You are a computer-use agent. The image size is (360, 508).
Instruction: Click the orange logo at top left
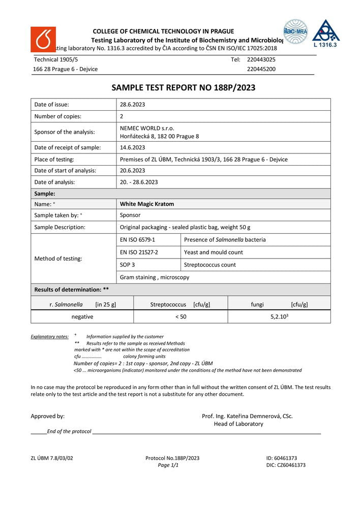tap(43, 39)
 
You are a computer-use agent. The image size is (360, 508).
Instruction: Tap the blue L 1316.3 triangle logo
tap(326, 34)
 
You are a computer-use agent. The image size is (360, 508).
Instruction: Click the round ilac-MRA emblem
tap(295, 31)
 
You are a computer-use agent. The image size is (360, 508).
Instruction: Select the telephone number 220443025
tap(261, 59)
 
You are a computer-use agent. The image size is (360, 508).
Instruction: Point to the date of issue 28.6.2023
tap(132, 105)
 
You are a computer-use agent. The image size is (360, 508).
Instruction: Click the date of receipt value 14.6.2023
tap(132, 147)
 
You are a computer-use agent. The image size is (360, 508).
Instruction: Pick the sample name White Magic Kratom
tap(147, 204)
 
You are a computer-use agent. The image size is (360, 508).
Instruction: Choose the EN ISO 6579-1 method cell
tap(137, 239)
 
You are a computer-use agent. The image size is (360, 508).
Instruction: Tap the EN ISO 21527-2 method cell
tap(139, 252)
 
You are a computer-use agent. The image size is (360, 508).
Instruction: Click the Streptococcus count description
tap(209, 265)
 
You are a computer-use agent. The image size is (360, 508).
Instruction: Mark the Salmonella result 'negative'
tap(82, 316)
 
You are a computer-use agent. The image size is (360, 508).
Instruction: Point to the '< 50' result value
tap(181, 316)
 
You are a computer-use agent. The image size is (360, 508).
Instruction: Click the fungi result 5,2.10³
tap(280, 316)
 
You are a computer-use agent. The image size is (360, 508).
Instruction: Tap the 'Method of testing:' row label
tap(58, 259)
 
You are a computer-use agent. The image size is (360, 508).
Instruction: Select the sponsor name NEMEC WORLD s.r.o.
tap(147, 128)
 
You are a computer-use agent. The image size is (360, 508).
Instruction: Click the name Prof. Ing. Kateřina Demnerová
tap(247, 416)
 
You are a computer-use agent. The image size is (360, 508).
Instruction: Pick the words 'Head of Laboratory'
tap(238, 424)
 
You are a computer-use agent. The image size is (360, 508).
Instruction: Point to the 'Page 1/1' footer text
tap(168, 465)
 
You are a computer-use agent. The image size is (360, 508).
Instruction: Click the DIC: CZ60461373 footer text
tap(286, 465)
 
